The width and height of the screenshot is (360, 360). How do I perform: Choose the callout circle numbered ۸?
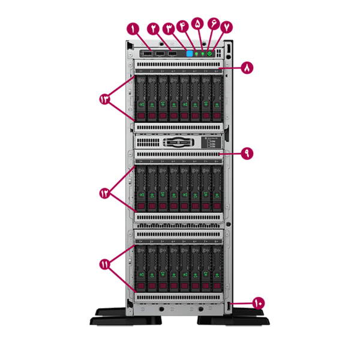(x=247, y=68)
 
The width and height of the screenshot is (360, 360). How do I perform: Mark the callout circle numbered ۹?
(x=247, y=154)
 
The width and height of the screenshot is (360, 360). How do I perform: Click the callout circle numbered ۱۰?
(x=258, y=303)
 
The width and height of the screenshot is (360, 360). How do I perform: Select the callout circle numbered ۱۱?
(x=107, y=264)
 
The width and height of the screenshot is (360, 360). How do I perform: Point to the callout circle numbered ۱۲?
(x=107, y=193)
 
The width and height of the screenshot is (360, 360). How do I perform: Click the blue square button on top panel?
(x=191, y=54)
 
